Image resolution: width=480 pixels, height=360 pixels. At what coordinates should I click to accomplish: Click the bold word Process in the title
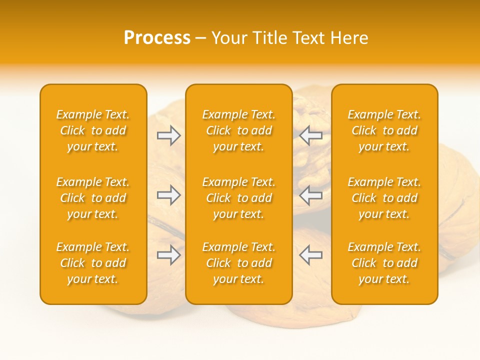click(157, 38)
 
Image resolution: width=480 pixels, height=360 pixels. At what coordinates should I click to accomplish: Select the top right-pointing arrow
click(168, 135)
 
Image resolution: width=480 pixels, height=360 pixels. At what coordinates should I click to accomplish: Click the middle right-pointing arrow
click(168, 195)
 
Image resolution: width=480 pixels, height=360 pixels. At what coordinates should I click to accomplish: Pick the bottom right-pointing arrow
click(168, 255)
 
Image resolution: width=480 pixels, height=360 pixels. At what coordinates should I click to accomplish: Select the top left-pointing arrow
click(311, 135)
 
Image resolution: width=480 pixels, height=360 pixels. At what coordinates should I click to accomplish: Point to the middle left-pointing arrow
click(311, 195)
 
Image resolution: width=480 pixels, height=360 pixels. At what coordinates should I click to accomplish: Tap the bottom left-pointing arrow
click(311, 255)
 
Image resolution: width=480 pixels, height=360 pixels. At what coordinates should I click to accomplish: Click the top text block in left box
click(93, 130)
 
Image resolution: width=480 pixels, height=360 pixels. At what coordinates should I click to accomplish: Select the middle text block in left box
click(93, 198)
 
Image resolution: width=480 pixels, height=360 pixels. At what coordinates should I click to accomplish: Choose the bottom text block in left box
click(93, 263)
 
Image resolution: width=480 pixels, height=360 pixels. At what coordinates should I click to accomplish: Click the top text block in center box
click(238, 130)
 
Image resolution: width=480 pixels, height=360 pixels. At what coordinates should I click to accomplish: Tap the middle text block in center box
click(238, 198)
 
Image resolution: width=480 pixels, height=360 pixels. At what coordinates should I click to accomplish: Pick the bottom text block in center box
click(238, 263)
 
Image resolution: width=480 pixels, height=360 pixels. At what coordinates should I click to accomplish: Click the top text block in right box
click(384, 130)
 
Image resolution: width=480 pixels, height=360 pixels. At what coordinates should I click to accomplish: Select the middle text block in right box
click(384, 198)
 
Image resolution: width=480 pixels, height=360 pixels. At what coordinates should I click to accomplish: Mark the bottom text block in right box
click(384, 263)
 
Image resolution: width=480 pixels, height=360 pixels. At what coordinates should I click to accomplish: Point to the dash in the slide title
click(200, 38)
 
